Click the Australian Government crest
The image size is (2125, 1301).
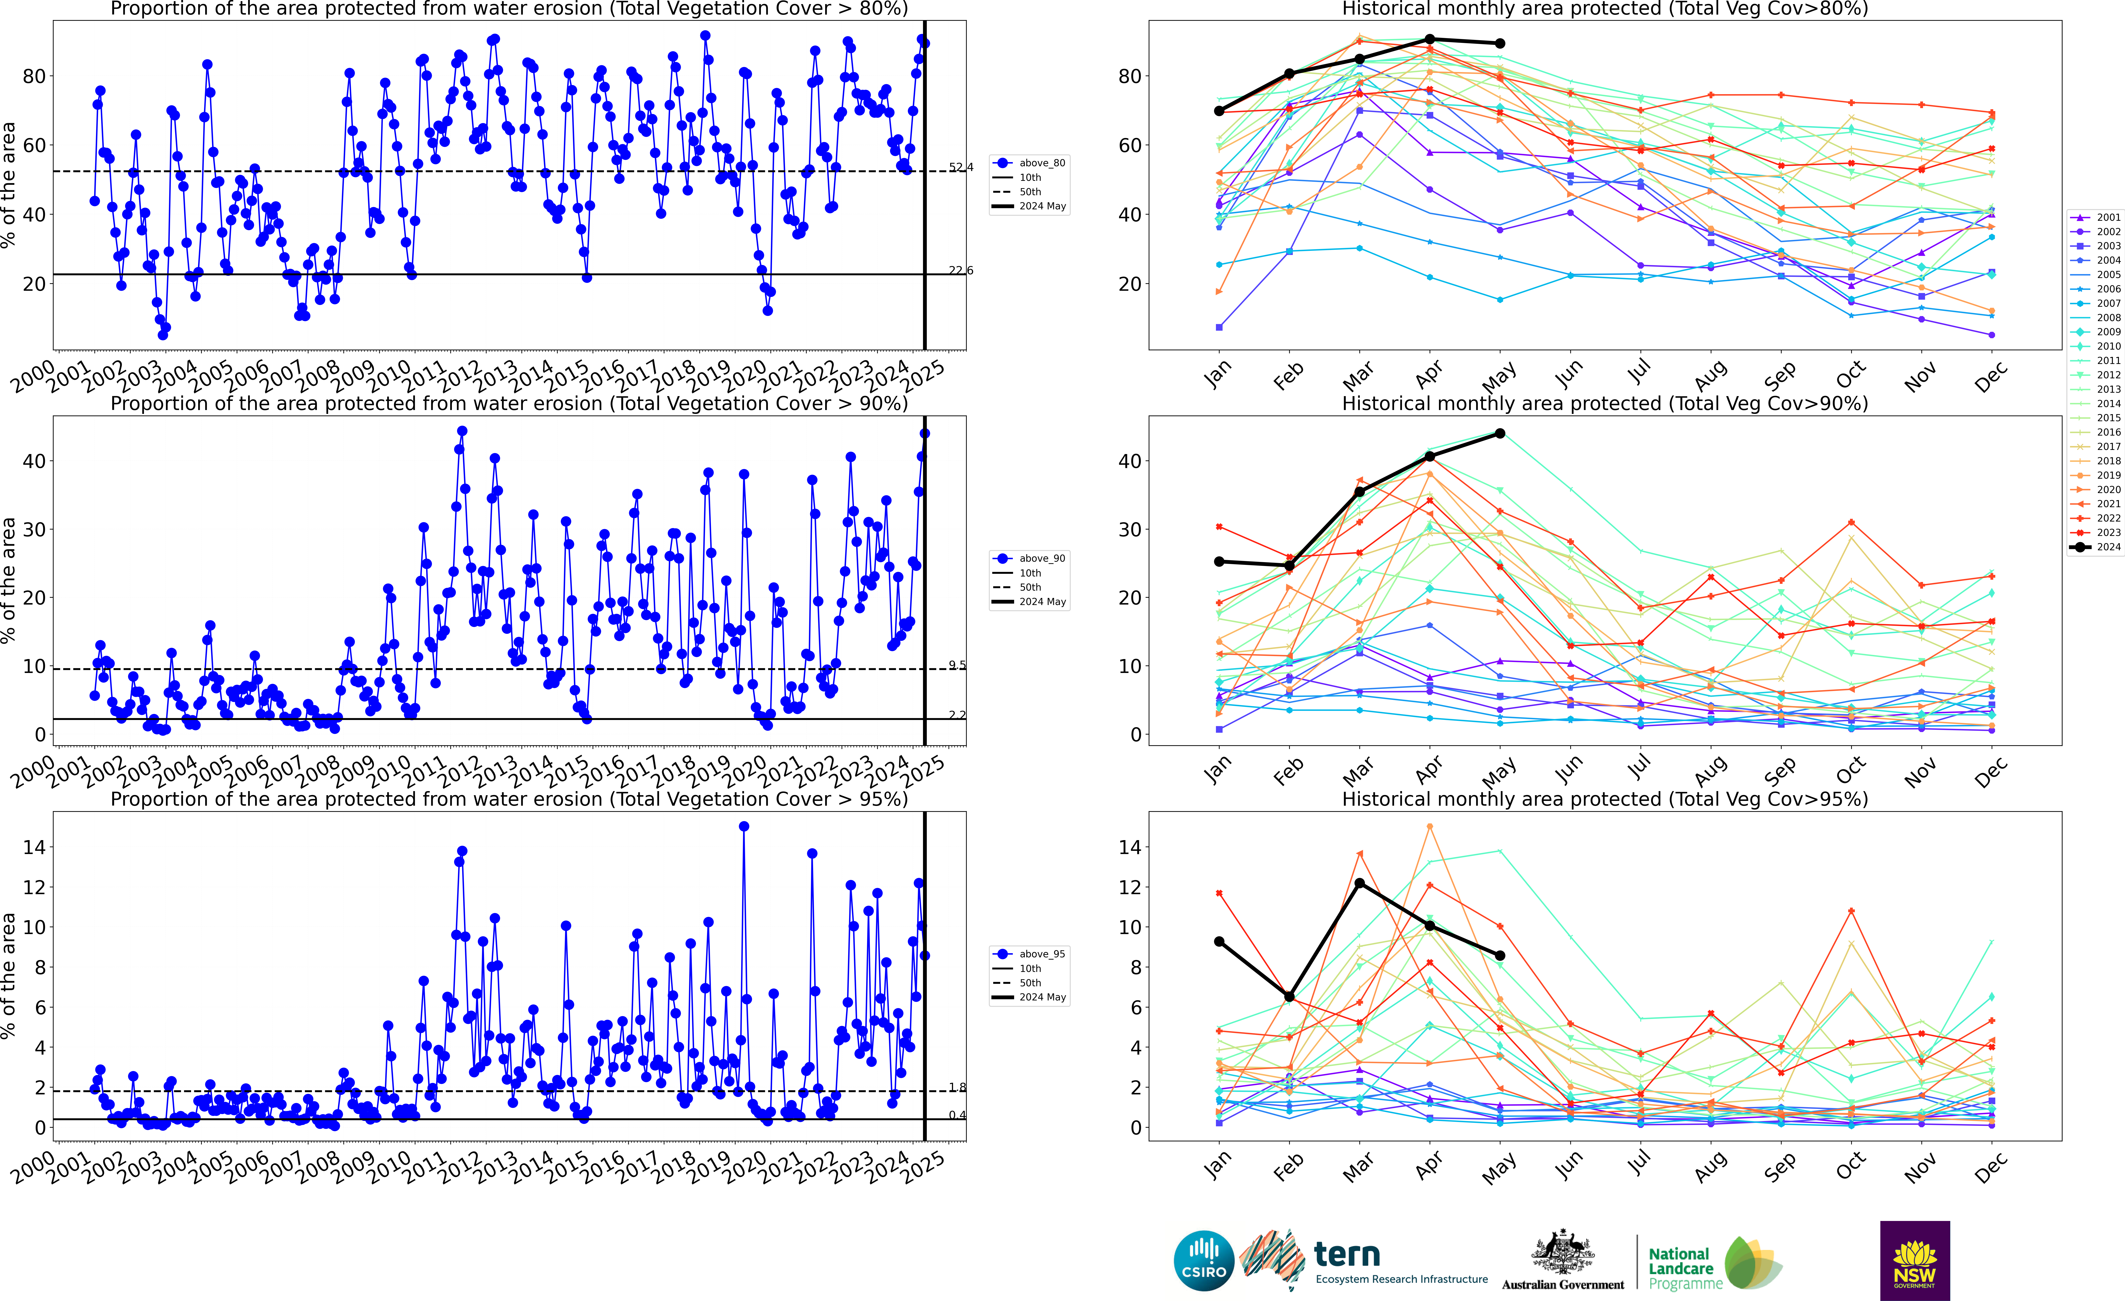[1563, 1253]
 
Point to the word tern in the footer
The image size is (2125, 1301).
[1347, 1254]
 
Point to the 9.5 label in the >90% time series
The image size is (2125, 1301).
[957, 665]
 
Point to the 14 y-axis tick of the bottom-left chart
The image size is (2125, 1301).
[34, 847]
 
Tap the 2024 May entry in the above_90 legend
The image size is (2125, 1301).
[1042, 601]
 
